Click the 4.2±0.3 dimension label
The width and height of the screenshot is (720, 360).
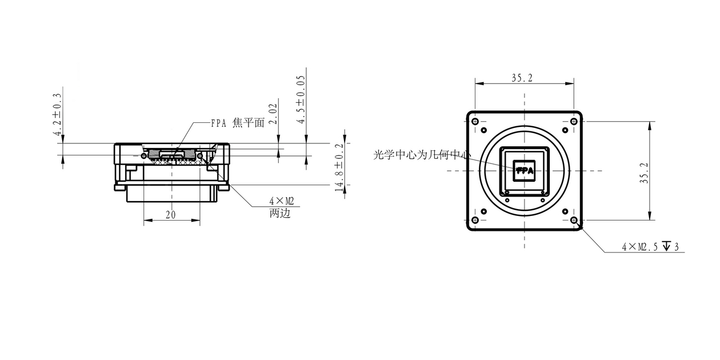[57, 114]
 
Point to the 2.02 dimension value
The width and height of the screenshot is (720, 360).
[273, 114]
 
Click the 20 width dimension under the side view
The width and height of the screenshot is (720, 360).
[170, 214]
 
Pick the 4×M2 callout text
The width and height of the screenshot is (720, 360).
[281, 202]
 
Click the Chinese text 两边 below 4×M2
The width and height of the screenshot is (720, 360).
[280, 214]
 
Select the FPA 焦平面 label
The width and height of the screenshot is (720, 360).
[237, 123]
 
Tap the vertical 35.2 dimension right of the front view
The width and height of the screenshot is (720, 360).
[644, 171]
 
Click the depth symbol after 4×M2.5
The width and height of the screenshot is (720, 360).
[666, 247]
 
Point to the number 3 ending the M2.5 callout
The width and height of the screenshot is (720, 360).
[677, 247]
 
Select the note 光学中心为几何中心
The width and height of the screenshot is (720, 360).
[422, 155]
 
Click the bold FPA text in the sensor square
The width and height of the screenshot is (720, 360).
[525, 170]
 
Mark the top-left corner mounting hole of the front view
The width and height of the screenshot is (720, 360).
[474, 121]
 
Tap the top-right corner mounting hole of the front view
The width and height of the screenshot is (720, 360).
[574, 121]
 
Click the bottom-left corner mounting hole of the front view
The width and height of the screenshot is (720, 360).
[474, 220]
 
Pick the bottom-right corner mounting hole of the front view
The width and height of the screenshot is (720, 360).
[574, 220]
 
